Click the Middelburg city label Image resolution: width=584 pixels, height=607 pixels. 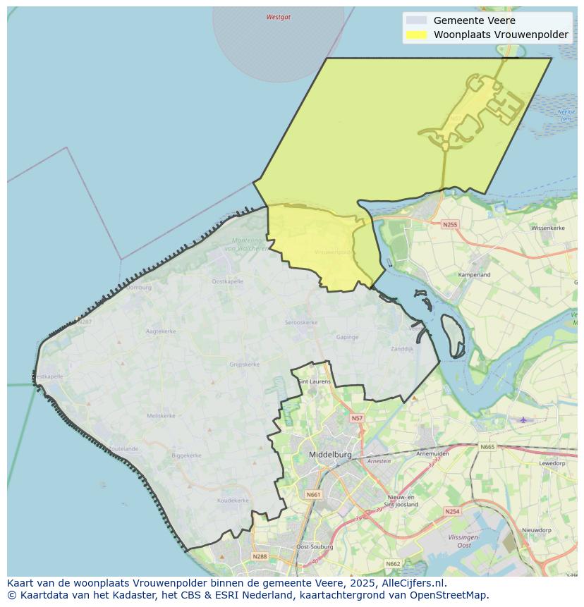(330, 455)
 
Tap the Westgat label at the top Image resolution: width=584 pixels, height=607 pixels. (278, 17)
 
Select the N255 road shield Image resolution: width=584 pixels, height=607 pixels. (450, 224)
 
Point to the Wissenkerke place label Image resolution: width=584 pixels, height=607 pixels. (548, 228)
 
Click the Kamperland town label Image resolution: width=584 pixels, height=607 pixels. (474, 274)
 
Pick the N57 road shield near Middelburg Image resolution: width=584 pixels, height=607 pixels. (357, 418)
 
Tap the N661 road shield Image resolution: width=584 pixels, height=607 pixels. (313, 494)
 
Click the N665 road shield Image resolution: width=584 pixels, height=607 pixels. (487, 447)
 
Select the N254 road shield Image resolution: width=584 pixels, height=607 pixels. (452, 510)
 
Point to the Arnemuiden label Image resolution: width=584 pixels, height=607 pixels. (432, 453)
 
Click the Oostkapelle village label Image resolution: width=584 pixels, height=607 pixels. (227, 281)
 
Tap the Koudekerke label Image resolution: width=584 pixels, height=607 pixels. (233, 500)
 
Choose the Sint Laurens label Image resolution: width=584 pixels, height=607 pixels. (314, 381)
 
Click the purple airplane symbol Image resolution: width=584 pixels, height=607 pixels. (523, 419)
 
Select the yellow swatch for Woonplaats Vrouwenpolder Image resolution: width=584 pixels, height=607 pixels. (417, 35)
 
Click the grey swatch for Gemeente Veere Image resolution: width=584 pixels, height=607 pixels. (417, 20)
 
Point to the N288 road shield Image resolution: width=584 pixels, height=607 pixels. (259, 556)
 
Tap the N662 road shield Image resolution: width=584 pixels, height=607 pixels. (393, 563)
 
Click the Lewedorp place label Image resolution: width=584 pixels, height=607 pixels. (552, 463)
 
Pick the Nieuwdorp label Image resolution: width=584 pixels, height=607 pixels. (536, 529)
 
